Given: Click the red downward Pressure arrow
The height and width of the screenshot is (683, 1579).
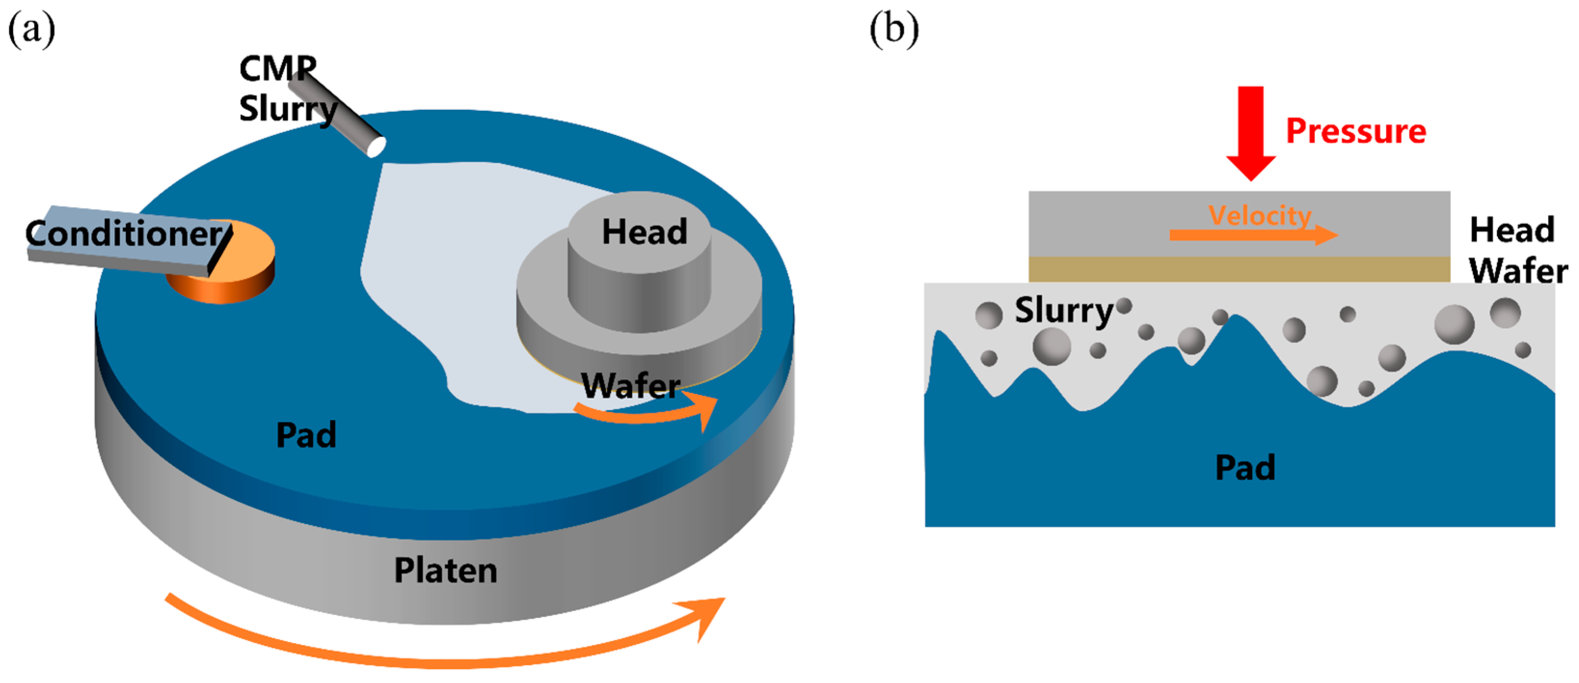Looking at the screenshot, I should pyautogui.click(x=1250, y=132).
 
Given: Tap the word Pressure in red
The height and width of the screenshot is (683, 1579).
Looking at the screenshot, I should pyautogui.click(x=1356, y=132).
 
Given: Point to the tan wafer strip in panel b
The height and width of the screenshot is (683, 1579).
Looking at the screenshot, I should pyautogui.click(x=1238, y=269).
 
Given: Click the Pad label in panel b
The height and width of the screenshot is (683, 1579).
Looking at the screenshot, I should pyautogui.click(x=1244, y=468).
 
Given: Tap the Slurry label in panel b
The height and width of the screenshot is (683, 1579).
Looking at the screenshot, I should pyautogui.click(x=1063, y=310).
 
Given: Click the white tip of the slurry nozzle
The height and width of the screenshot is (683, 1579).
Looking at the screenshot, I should pyautogui.click(x=376, y=147).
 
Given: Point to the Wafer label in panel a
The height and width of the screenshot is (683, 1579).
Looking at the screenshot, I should pyautogui.click(x=630, y=386).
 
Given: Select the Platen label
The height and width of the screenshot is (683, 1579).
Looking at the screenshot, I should pyautogui.click(x=446, y=571).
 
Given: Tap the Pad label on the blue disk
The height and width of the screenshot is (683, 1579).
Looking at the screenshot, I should pyautogui.click(x=306, y=435).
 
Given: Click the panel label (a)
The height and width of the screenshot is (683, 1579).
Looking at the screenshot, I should pyautogui.click(x=31, y=29).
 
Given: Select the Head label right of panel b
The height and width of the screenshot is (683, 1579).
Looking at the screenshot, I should pyautogui.click(x=1512, y=230).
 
